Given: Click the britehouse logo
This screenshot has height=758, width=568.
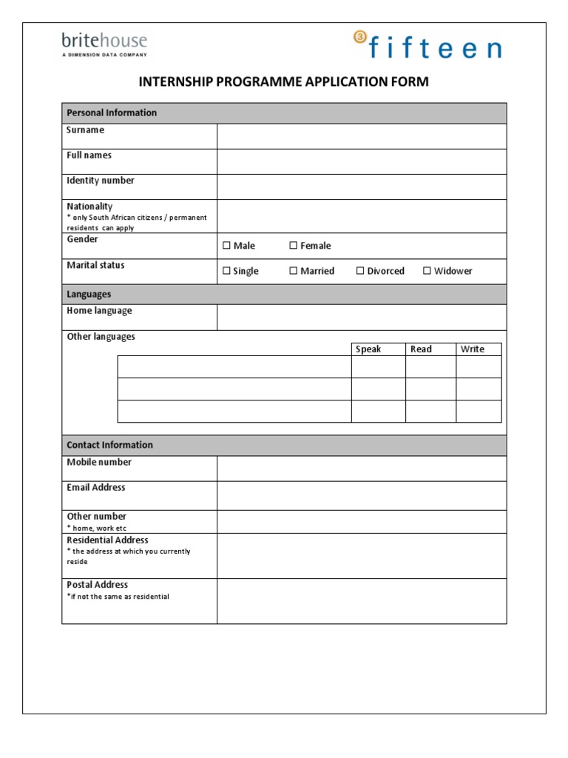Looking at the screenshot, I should [x=104, y=43].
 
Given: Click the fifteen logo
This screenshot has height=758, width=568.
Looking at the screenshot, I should [x=427, y=46].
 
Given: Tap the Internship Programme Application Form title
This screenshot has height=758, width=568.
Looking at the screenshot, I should [x=283, y=81].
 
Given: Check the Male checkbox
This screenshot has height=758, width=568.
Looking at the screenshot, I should [x=227, y=246].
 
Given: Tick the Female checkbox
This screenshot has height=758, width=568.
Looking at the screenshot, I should [x=294, y=246].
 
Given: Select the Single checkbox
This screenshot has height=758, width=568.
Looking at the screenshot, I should [x=227, y=271].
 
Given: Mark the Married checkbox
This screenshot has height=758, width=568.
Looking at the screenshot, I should [x=294, y=271].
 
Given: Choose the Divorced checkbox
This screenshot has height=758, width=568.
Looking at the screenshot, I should [x=361, y=271].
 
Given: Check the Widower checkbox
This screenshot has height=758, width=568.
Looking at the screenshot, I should [x=427, y=271].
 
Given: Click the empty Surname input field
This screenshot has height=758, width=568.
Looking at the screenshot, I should [x=361, y=136].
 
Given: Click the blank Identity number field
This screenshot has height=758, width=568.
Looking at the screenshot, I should [x=361, y=187].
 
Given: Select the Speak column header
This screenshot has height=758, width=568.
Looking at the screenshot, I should [x=368, y=349].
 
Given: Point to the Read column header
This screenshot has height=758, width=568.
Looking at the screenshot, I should [x=421, y=349].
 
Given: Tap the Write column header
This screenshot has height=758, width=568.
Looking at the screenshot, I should [x=473, y=349].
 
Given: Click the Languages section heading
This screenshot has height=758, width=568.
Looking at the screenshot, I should [x=89, y=295].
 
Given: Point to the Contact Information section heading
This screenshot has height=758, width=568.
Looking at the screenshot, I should [x=110, y=445].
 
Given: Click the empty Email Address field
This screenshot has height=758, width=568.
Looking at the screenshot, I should [x=361, y=495].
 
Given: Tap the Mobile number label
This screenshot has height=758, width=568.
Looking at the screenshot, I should [x=99, y=462].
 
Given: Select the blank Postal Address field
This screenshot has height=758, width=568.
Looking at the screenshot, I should [x=361, y=600].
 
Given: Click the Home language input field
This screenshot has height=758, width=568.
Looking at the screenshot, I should [x=361, y=318].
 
